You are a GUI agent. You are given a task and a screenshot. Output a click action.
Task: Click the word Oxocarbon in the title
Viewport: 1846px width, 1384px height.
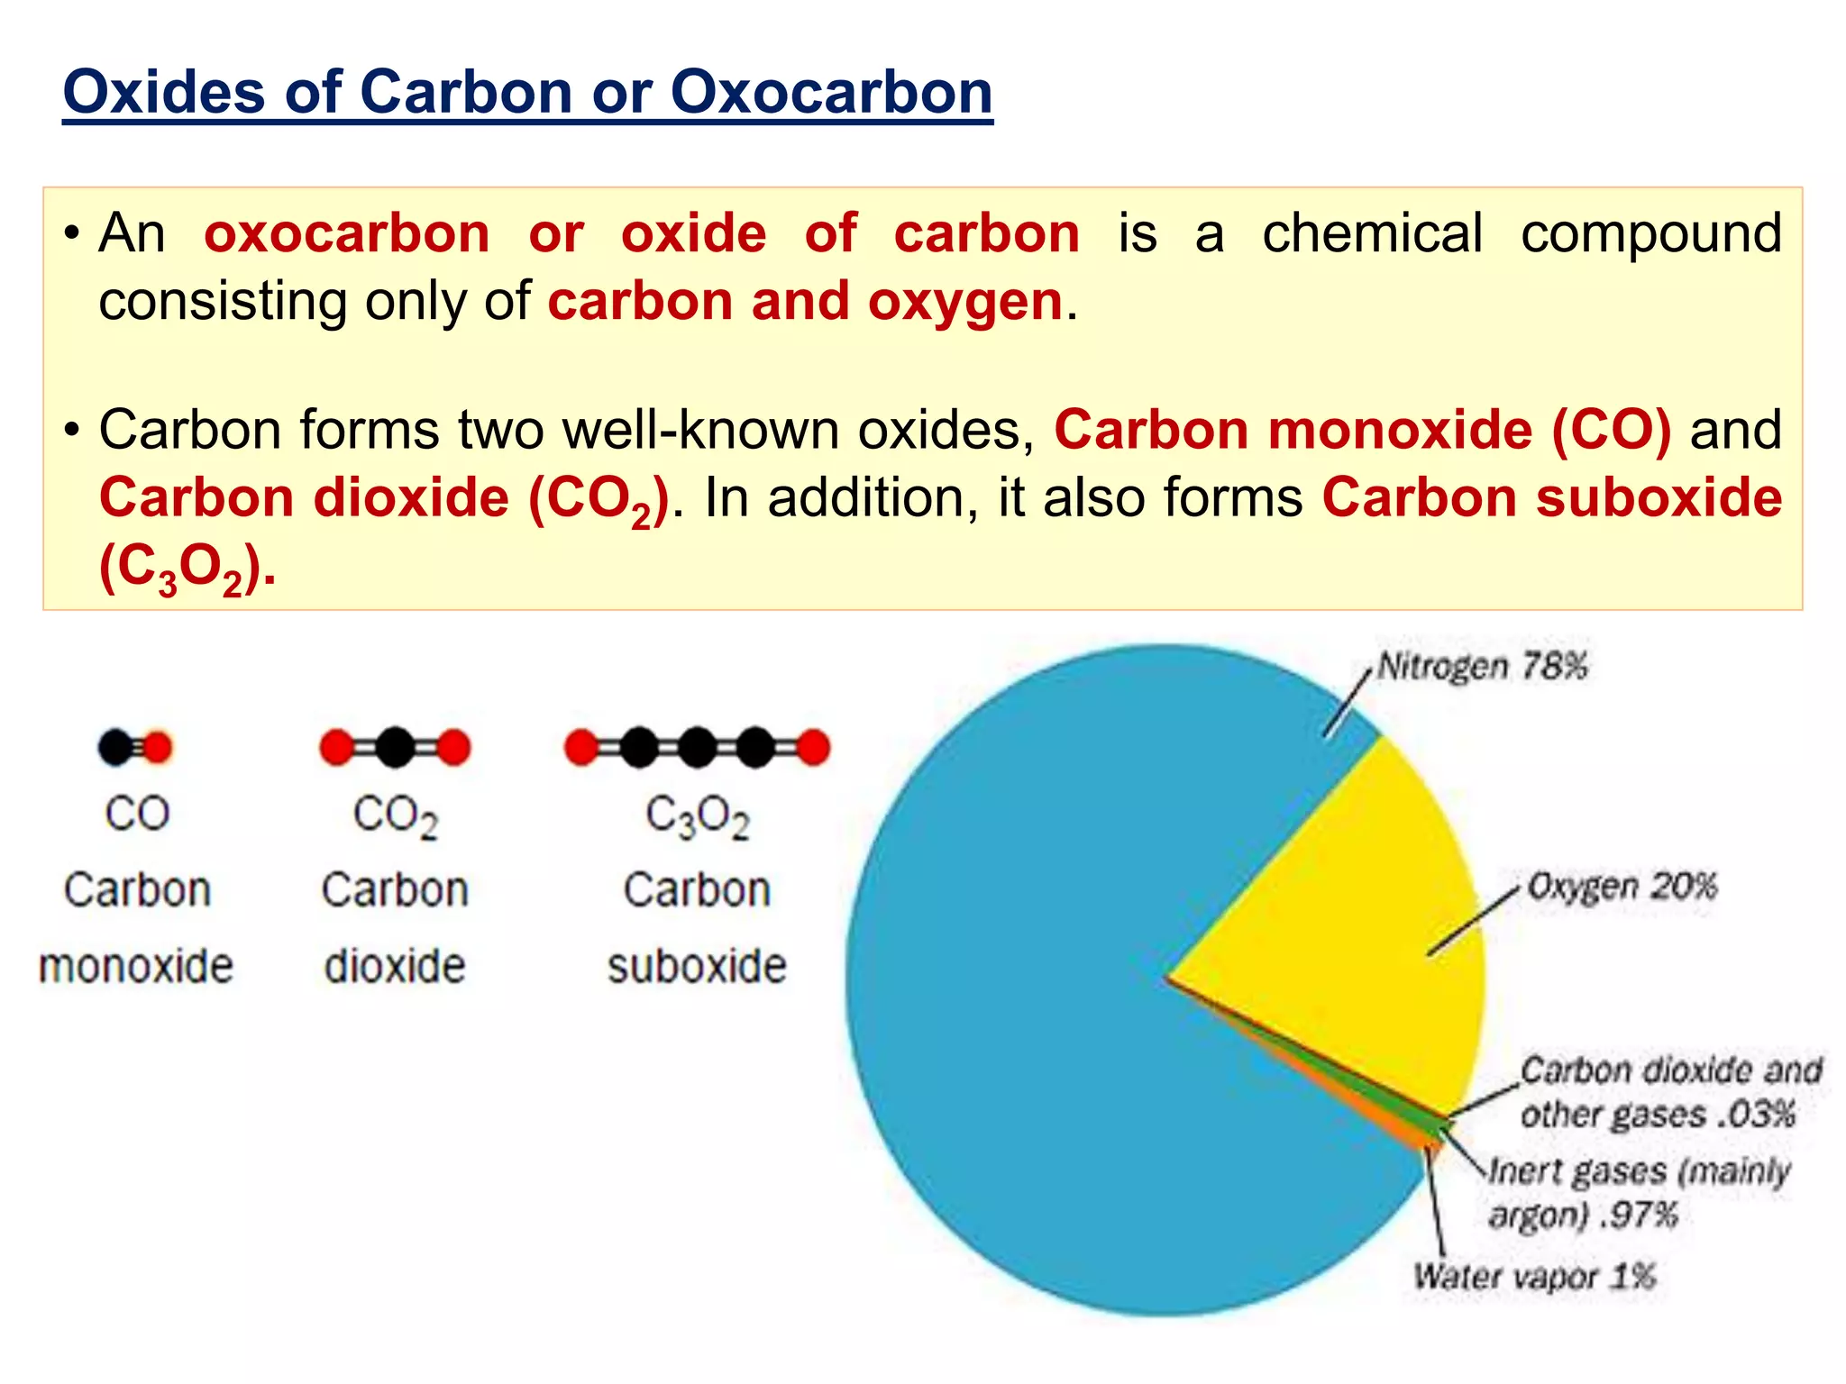[831, 92]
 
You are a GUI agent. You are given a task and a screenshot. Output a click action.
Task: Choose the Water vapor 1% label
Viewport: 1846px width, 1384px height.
[1534, 1276]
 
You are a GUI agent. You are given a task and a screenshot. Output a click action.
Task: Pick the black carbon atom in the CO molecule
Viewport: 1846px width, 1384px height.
[116, 747]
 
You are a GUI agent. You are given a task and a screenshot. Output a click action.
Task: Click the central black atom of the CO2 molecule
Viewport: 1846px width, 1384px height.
[395, 747]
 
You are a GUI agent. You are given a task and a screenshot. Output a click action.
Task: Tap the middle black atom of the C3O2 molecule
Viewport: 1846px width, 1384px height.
[697, 747]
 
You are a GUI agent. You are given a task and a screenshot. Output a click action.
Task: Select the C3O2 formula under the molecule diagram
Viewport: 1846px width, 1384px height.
[697, 816]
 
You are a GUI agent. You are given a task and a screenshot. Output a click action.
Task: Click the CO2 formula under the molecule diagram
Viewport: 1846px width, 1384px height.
[395, 816]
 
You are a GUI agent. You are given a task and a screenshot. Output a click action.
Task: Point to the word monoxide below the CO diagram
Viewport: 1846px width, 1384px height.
[136, 966]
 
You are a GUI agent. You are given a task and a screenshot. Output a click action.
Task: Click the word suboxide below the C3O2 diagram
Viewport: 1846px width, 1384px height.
[697, 966]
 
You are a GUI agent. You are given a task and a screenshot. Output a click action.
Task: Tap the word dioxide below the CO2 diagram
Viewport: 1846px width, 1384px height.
[395, 966]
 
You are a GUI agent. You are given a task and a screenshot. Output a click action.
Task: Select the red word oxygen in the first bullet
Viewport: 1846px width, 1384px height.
[964, 301]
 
